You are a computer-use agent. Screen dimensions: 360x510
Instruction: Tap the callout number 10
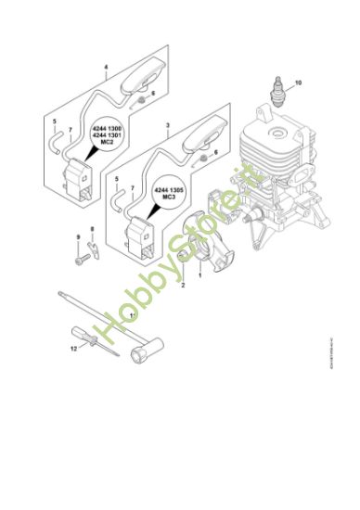299,84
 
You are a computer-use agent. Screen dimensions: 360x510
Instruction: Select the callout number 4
106,68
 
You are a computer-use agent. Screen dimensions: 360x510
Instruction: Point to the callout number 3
167,123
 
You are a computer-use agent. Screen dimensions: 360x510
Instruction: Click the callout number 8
93,228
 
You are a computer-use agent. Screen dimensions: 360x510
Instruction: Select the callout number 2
183,285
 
